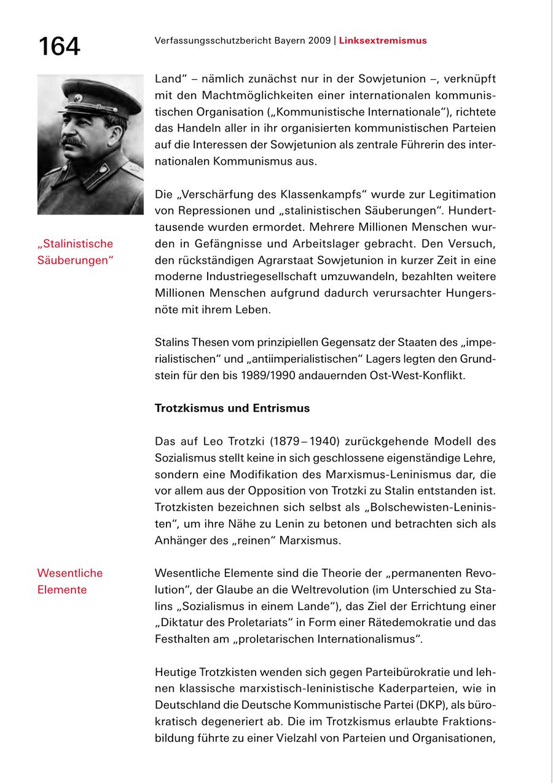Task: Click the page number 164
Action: (59, 47)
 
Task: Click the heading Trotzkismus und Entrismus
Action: (232, 408)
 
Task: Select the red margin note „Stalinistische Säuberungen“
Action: (76, 252)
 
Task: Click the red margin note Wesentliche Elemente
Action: (69, 581)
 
